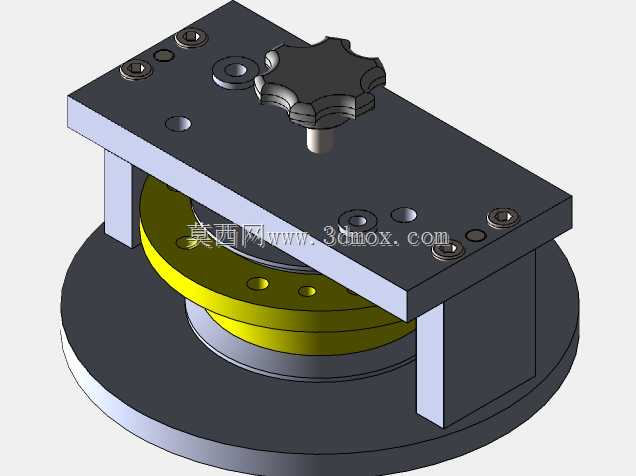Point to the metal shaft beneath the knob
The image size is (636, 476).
click(x=320, y=139)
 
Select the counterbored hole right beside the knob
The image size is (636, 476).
click(x=235, y=71)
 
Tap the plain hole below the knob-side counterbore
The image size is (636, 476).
click(x=178, y=124)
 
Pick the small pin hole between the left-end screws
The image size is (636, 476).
click(x=164, y=55)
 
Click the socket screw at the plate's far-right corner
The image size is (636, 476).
click(x=503, y=217)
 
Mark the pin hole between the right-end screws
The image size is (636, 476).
click(x=476, y=235)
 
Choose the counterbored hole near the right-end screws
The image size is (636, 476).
click(x=357, y=221)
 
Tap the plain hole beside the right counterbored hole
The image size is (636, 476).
click(x=404, y=215)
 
